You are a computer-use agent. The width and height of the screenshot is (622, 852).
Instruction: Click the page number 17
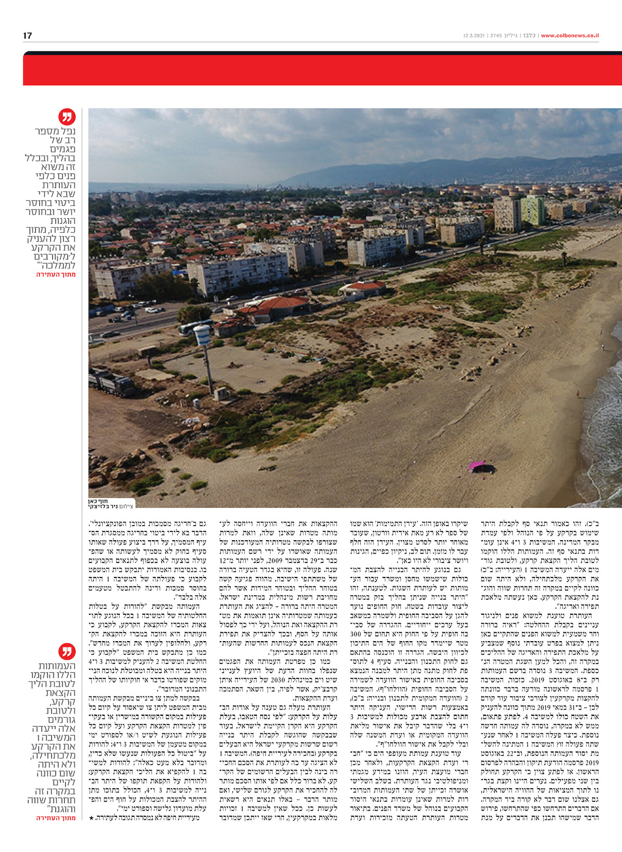tap(27, 35)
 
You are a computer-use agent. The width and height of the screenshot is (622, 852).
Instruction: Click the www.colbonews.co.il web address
tap(570, 36)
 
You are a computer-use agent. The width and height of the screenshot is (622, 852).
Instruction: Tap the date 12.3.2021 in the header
tap(474, 36)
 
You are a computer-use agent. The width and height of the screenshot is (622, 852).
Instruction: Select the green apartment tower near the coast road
tap(532, 210)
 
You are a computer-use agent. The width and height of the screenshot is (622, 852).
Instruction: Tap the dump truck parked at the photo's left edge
tap(113, 383)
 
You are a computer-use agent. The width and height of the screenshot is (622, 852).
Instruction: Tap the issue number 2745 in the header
tap(496, 36)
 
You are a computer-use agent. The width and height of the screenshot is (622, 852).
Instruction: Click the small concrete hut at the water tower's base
tap(223, 394)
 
